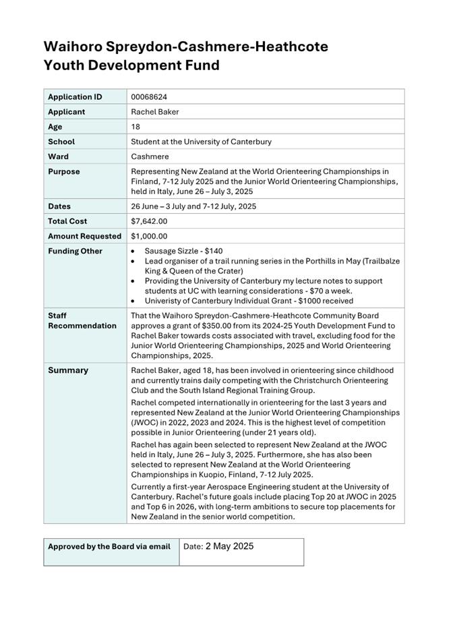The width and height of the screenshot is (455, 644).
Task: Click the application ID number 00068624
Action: point(149,97)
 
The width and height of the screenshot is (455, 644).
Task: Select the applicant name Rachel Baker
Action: point(155,112)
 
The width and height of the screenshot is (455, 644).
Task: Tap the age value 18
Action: point(135,127)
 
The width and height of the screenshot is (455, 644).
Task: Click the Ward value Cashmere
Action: point(150,156)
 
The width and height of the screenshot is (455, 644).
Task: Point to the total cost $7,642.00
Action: point(149,221)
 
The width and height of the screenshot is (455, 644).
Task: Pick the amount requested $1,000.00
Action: point(149,236)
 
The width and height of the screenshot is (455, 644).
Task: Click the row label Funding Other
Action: point(75,252)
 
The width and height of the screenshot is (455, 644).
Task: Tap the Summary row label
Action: point(68,370)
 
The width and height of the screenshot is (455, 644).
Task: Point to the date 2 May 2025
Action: point(229,546)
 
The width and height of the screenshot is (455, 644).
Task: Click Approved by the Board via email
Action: point(109,546)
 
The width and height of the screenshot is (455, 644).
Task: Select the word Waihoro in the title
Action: point(75,47)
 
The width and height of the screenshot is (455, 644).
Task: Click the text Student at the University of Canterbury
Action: point(201,142)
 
